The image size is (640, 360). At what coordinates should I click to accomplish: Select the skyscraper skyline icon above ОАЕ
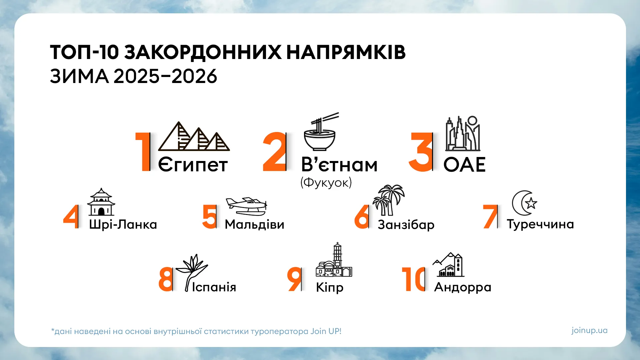tap(463, 134)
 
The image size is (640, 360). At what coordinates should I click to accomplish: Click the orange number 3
tap(420, 152)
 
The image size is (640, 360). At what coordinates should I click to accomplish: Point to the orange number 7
tap(490, 217)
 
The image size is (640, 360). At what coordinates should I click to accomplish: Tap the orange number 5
tap(209, 217)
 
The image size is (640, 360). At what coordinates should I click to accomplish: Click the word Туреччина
tap(540, 224)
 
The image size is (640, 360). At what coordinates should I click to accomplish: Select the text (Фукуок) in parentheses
tap(326, 183)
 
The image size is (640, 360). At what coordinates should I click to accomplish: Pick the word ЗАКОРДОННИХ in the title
tap(203, 52)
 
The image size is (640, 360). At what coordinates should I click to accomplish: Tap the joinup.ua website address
tap(589, 330)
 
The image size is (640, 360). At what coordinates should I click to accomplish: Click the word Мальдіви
tap(254, 224)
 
